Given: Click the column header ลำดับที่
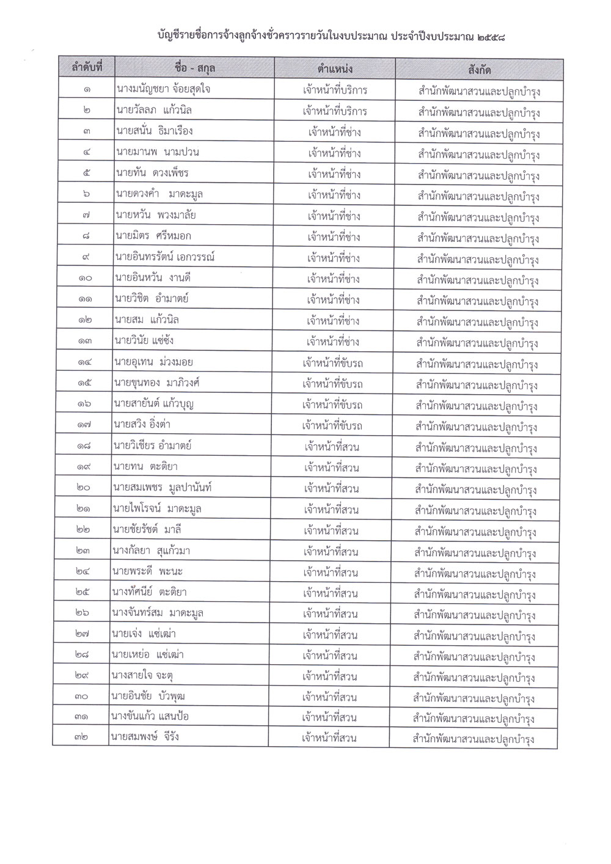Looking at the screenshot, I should [x=87, y=68].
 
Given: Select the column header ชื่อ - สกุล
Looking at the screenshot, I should [x=196, y=68].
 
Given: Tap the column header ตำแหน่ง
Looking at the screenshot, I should [x=335, y=68].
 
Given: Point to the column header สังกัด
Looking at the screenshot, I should [x=480, y=68].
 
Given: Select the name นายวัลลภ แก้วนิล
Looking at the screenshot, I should [x=158, y=111].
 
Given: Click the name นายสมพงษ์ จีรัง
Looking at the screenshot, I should [x=145, y=737].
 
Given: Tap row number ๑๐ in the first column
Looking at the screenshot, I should [x=85, y=279].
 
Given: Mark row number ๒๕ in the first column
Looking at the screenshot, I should [x=84, y=593].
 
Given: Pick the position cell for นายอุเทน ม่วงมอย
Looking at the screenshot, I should [x=333, y=363].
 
